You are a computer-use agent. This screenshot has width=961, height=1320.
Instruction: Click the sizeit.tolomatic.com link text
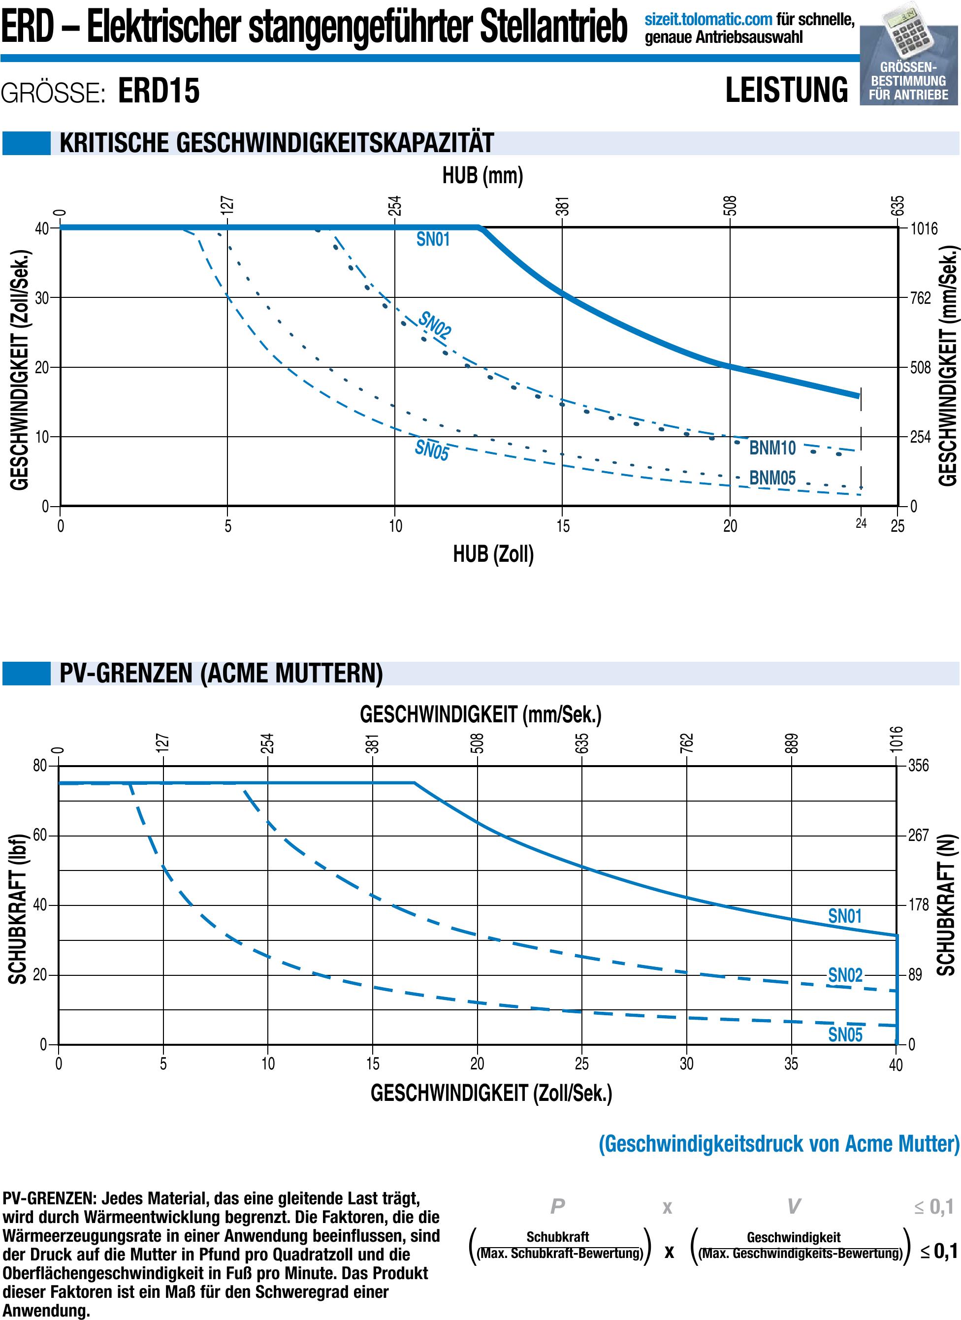tap(708, 20)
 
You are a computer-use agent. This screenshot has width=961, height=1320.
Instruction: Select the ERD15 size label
tap(159, 92)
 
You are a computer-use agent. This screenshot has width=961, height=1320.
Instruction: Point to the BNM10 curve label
tap(772, 448)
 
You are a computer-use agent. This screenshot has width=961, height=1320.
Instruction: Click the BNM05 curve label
tap(772, 478)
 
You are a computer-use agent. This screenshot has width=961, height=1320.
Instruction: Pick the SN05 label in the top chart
tap(431, 450)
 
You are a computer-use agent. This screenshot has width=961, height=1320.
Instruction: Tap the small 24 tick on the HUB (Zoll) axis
tap(861, 524)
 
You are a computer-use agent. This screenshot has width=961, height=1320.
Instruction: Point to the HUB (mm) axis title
tap(482, 175)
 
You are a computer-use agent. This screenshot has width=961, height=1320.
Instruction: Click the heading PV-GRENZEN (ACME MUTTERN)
tap(221, 674)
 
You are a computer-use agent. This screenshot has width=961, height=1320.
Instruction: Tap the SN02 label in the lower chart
tap(845, 975)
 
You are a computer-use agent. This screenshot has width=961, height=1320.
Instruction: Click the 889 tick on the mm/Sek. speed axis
tap(792, 744)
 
